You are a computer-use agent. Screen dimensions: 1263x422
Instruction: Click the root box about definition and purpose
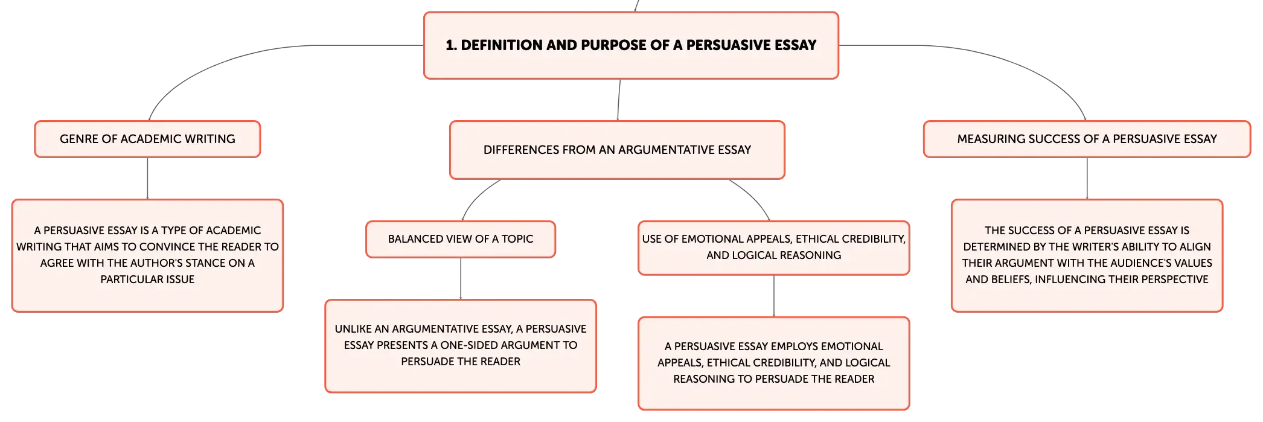[631, 45]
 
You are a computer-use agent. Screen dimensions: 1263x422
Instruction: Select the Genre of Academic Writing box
[147, 139]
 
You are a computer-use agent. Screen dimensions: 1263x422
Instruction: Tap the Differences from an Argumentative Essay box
[617, 150]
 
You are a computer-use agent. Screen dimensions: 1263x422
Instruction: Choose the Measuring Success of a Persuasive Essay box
[1087, 139]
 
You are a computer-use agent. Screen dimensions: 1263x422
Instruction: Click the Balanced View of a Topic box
[461, 239]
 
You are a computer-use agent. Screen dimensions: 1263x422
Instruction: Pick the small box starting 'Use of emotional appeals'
[774, 248]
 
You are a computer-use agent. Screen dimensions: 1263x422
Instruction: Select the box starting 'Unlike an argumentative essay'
[461, 346]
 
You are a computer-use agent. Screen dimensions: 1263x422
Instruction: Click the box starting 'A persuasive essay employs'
[774, 363]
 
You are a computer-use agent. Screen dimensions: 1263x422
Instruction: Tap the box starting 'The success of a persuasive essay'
[1087, 255]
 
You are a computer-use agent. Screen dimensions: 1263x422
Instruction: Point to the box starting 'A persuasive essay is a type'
[147, 255]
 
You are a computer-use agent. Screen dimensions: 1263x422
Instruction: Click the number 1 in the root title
[450, 45]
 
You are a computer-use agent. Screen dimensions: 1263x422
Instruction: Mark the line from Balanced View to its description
[461, 278]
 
